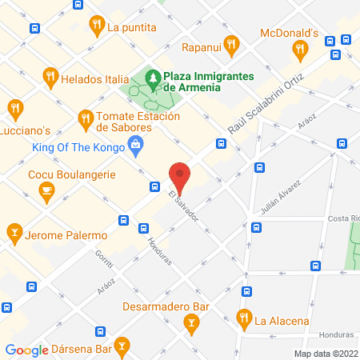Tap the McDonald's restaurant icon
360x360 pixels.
301,51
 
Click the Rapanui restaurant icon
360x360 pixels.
231,45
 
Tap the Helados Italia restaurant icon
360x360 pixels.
50,78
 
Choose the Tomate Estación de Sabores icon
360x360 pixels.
86,121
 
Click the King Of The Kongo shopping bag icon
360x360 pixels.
135,146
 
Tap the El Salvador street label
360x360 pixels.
183,206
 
